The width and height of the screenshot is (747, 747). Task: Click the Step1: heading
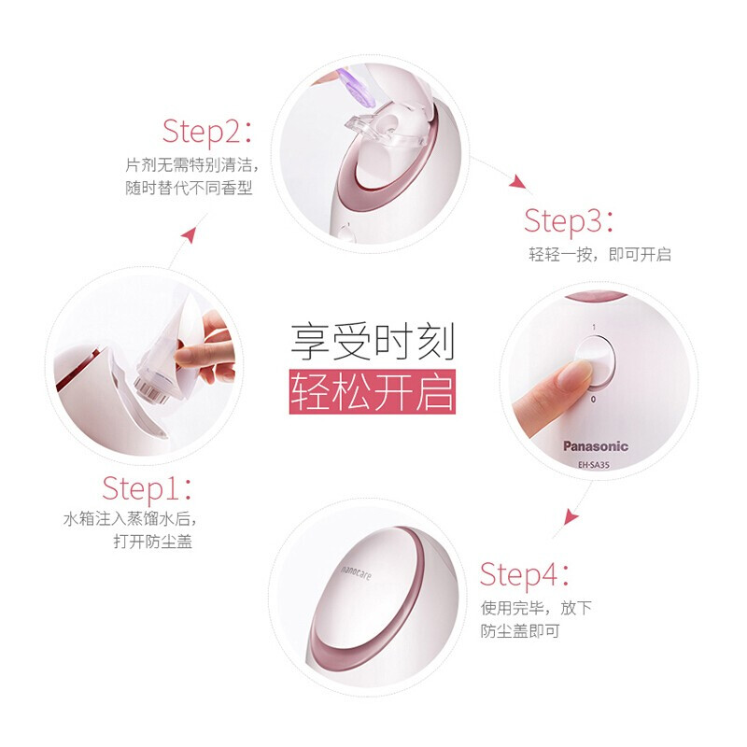148,488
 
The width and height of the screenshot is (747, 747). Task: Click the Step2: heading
207,132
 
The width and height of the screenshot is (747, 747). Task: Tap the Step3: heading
569,221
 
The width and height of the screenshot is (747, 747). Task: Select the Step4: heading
525,574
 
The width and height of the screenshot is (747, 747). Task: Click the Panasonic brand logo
596,446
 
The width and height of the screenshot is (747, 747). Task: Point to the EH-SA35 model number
594,464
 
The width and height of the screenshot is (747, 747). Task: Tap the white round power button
596,360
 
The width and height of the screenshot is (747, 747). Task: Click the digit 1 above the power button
594,327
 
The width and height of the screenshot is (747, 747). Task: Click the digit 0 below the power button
593,400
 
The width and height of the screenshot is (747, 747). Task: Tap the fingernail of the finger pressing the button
574,373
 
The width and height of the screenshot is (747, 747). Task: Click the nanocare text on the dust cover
356,572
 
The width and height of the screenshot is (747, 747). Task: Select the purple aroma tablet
354,84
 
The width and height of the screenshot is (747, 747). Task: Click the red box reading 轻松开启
373,391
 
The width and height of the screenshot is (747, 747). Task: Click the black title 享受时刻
373,342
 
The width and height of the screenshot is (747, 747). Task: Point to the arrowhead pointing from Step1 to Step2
190,234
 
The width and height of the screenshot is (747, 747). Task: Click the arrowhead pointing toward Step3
517,181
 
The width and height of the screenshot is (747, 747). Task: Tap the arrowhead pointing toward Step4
571,517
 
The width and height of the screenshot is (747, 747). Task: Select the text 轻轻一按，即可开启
599,254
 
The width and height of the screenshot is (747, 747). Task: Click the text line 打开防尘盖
153,542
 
